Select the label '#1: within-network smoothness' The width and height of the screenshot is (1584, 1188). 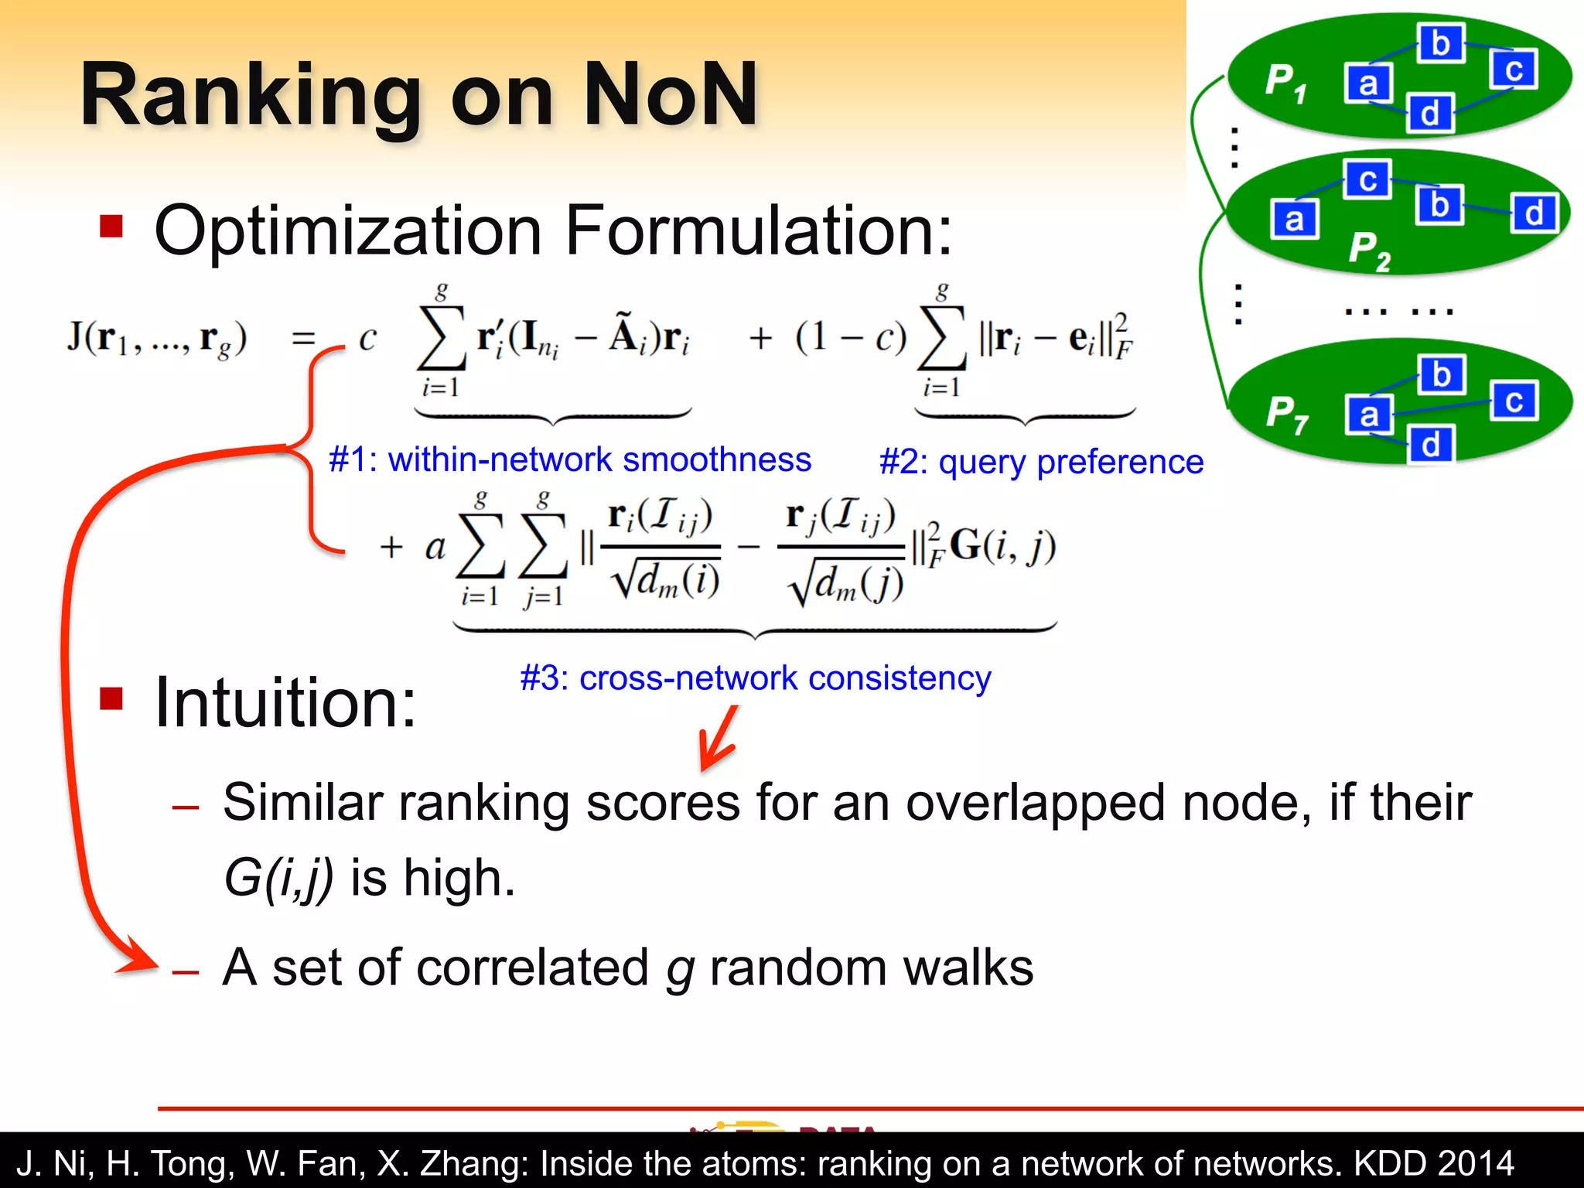click(570, 459)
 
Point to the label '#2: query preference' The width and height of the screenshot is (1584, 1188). click(1041, 463)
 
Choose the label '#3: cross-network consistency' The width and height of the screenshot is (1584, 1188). click(755, 678)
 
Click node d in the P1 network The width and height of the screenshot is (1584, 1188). click(1430, 114)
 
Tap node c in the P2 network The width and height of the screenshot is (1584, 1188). click(1367, 179)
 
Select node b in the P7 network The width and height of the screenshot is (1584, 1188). click(1441, 375)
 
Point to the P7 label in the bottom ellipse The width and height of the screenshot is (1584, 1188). click(1286, 414)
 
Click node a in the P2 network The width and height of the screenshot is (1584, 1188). click(1294, 220)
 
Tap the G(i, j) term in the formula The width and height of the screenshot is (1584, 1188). click(1002, 545)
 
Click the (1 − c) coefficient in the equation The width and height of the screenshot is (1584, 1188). click(850, 338)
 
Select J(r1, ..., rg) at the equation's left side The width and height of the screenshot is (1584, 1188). click(157, 338)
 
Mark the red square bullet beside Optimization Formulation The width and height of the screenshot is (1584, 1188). click(111, 227)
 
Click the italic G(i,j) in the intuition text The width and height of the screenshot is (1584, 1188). click(278, 879)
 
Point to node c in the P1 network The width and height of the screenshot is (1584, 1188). click(1514, 70)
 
